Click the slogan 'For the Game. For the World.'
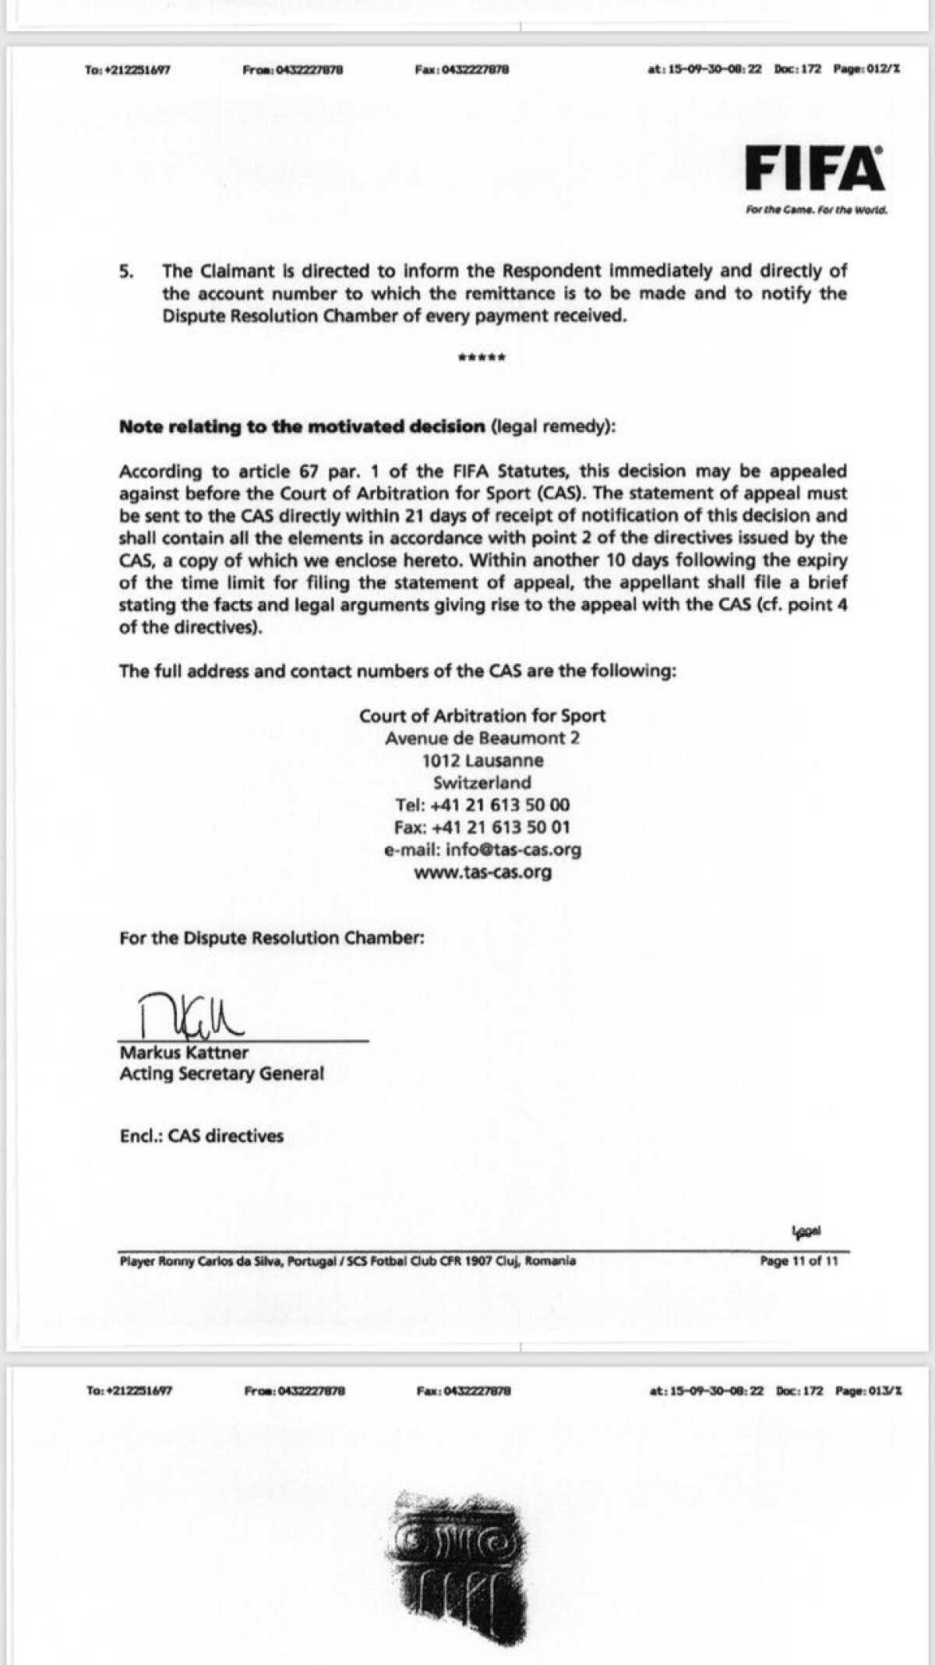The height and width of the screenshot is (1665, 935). pyautogui.click(x=816, y=210)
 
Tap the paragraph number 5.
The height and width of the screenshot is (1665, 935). pyautogui.click(x=126, y=271)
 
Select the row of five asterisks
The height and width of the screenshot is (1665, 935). pyautogui.click(x=482, y=359)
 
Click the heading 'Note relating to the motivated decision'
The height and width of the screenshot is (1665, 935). pyautogui.click(x=302, y=427)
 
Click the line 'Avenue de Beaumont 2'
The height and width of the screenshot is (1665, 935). pyautogui.click(x=482, y=738)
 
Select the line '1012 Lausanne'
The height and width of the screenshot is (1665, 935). pyautogui.click(x=482, y=761)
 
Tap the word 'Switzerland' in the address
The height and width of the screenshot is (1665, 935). pyautogui.click(x=482, y=783)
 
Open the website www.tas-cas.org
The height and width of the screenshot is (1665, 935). pyautogui.click(x=482, y=872)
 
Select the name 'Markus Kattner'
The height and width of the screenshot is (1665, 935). pyautogui.click(x=184, y=1052)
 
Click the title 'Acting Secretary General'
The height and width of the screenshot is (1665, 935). pyautogui.click(x=221, y=1074)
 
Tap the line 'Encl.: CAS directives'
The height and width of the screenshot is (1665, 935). pyautogui.click(x=201, y=1136)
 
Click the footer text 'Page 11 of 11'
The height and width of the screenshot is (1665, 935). pyautogui.click(x=799, y=1261)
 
